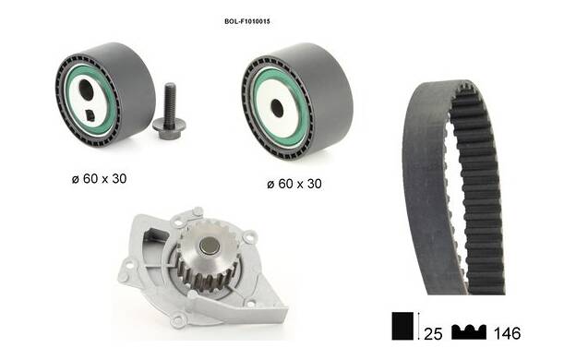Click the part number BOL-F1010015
247,21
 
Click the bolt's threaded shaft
170,102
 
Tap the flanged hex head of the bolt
169,129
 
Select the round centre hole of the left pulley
87,90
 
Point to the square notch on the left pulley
90,115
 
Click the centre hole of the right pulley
277,108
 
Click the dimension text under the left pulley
99,179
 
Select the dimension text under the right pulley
294,184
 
